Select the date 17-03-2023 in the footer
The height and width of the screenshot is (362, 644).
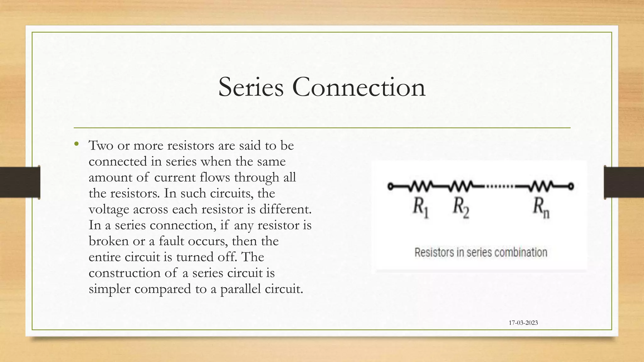pos(523,323)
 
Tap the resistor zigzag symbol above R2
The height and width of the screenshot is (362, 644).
pos(461,186)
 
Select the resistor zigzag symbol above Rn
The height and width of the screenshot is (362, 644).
pos(541,186)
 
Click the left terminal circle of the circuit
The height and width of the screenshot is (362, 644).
pos(391,186)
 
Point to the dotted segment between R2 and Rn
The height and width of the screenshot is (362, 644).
pos(500,186)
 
